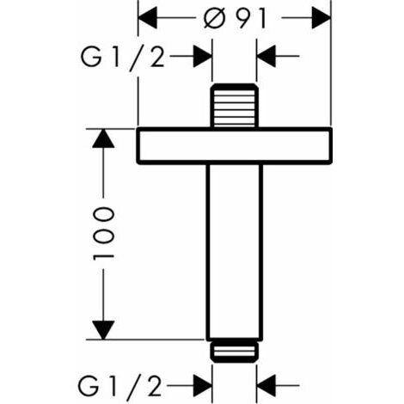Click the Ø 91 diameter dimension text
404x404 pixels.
click(x=236, y=18)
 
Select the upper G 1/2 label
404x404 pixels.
click(x=123, y=58)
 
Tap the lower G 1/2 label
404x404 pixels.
click(x=120, y=387)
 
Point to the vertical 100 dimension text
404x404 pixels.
click(x=104, y=234)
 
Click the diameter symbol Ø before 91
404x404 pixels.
click(x=214, y=18)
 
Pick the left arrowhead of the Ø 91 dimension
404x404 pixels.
click(x=148, y=18)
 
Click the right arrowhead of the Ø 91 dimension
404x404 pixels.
click(x=321, y=18)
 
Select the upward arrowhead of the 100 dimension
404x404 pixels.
click(x=103, y=138)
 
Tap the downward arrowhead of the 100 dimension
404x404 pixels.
click(x=103, y=330)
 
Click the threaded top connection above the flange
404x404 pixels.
click(x=235, y=106)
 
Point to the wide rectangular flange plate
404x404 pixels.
click(x=235, y=146)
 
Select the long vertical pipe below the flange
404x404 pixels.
click(x=235, y=252)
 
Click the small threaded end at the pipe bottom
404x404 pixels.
click(x=235, y=352)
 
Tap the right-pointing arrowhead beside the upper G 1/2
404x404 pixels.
click(x=203, y=56)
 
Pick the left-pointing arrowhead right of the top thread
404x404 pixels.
click(x=266, y=56)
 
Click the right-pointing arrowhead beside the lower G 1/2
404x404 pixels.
click(x=203, y=385)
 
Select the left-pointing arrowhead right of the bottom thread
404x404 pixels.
click(x=266, y=385)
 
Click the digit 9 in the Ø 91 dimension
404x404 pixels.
click(x=245, y=18)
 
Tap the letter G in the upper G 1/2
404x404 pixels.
click(x=91, y=57)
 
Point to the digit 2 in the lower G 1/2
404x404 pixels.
click(x=155, y=386)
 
